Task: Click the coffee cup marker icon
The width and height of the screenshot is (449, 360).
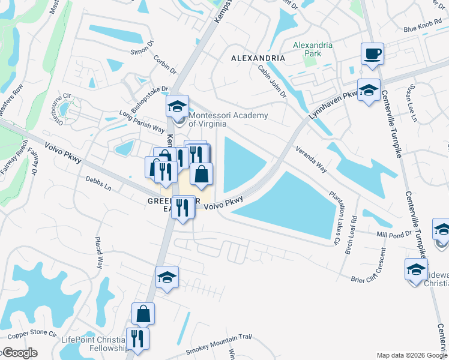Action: [372, 54]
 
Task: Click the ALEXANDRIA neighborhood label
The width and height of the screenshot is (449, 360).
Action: [258, 58]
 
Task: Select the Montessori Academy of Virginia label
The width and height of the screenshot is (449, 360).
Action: [228, 120]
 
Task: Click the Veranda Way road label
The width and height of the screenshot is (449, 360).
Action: [310, 160]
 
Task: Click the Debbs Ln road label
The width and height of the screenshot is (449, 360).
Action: [98, 184]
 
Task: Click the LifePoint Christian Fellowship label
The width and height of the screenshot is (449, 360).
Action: [95, 344]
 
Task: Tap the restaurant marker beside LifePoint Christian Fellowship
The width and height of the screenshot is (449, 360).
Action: [138, 339]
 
